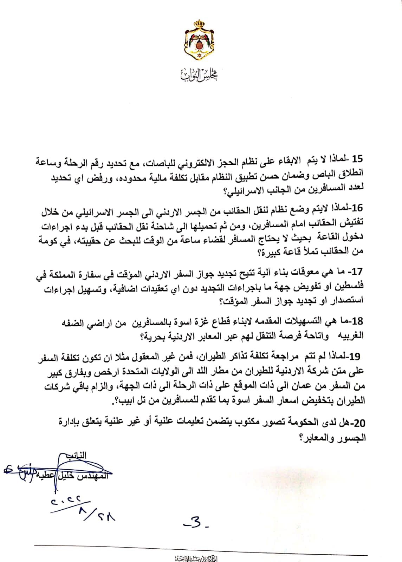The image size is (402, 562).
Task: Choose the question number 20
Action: [357, 424]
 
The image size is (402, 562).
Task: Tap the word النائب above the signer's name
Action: [77, 456]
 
